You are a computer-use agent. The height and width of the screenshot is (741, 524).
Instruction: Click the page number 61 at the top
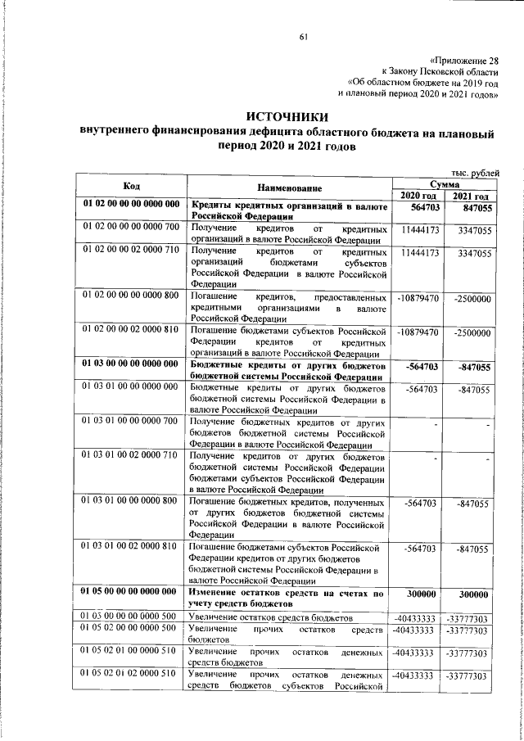303,36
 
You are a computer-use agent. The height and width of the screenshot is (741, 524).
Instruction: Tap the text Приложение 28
463,60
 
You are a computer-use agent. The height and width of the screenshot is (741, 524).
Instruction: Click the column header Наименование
291,189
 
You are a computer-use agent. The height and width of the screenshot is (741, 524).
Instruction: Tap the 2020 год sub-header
418,197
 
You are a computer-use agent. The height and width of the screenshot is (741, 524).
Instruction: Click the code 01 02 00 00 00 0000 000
131,204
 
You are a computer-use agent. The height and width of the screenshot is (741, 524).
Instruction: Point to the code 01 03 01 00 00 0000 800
131,500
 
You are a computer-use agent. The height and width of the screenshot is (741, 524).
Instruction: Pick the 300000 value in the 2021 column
474,595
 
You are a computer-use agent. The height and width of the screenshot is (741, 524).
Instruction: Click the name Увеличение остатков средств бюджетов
271,616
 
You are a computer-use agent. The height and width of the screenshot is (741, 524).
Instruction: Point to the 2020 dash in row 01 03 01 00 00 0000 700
436,424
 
